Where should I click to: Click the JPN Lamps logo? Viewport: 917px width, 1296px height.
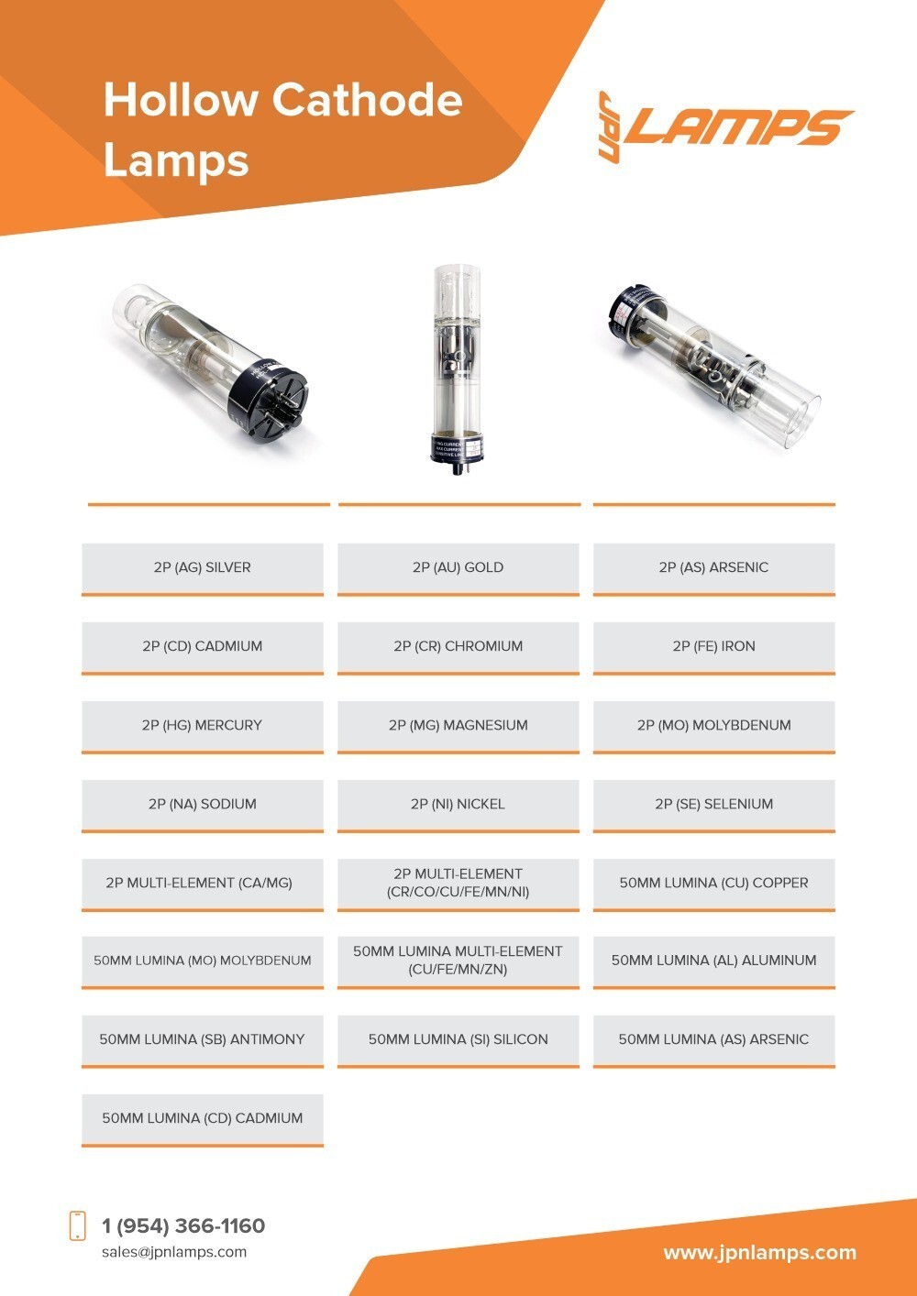(x=726, y=126)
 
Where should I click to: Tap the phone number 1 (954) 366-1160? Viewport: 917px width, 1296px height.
(x=183, y=1225)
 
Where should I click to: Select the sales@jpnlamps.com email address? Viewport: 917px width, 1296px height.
(x=174, y=1252)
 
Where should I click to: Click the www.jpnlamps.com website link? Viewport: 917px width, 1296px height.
(x=760, y=1253)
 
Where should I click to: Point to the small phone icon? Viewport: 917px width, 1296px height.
(x=77, y=1225)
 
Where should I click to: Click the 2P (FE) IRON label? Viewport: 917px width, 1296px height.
(x=713, y=646)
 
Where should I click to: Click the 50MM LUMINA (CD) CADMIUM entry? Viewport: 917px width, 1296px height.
(x=203, y=1119)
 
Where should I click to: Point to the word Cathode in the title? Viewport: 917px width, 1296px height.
(x=367, y=100)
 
